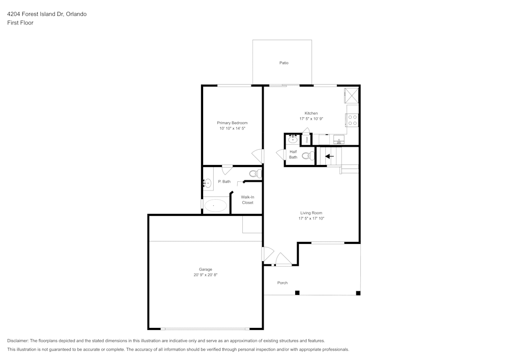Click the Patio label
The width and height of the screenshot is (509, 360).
(x=284, y=63)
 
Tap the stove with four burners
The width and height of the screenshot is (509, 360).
(x=352, y=120)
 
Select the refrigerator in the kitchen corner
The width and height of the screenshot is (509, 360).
(x=352, y=95)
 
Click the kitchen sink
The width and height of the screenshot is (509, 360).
(x=338, y=139)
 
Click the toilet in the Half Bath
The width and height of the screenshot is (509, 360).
(x=306, y=156)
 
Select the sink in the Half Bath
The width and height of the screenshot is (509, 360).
(x=293, y=139)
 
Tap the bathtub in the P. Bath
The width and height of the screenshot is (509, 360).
(x=216, y=206)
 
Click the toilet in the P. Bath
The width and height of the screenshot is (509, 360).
(x=254, y=174)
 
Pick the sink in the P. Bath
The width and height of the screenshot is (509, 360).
(x=208, y=183)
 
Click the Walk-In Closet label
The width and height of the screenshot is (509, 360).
(x=247, y=200)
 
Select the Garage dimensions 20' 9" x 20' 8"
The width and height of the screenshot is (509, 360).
(x=206, y=275)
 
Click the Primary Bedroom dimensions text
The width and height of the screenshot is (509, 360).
(x=232, y=129)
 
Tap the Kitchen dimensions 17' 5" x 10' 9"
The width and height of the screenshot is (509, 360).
(x=311, y=119)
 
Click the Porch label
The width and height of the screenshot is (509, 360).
(x=282, y=283)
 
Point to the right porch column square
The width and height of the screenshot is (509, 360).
(x=358, y=293)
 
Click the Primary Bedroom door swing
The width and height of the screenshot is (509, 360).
(x=258, y=156)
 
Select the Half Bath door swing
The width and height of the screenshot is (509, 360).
(x=280, y=155)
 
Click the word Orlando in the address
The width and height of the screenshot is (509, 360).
(x=75, y=14)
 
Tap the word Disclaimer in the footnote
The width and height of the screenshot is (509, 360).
(x=18, y=341)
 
